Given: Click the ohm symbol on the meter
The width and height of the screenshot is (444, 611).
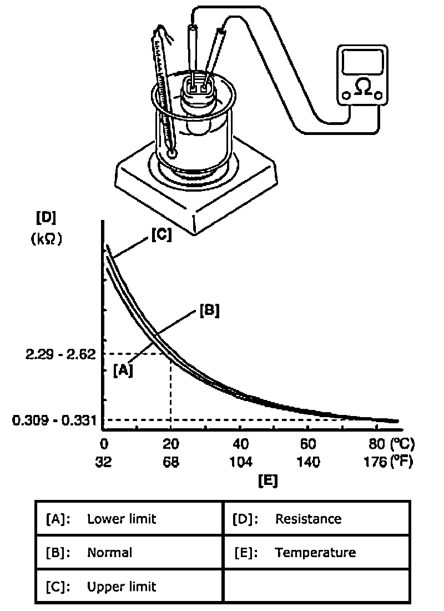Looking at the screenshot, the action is point(363,88).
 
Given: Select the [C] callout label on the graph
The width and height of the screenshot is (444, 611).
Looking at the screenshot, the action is point(161,235).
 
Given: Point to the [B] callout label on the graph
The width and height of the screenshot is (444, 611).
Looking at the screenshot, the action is point(209,311).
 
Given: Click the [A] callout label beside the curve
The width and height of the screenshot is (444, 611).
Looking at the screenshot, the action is point(123,370).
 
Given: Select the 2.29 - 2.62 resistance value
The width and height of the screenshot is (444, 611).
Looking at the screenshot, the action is point(53,354).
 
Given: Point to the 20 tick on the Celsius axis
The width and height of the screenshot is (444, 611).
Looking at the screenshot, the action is point(170,444).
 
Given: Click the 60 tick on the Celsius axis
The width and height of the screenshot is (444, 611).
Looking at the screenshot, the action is point(308,444).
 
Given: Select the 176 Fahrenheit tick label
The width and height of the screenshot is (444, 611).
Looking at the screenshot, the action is point(373,462).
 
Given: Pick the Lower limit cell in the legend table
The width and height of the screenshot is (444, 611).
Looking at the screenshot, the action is point(122,519).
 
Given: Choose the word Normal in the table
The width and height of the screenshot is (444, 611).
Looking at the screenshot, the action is point(109,553).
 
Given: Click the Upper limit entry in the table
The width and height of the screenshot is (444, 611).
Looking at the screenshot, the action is point(122,587).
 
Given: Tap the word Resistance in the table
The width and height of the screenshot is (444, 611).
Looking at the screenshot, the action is point(308,519).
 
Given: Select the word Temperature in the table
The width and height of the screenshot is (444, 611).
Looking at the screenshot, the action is point(315,553).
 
